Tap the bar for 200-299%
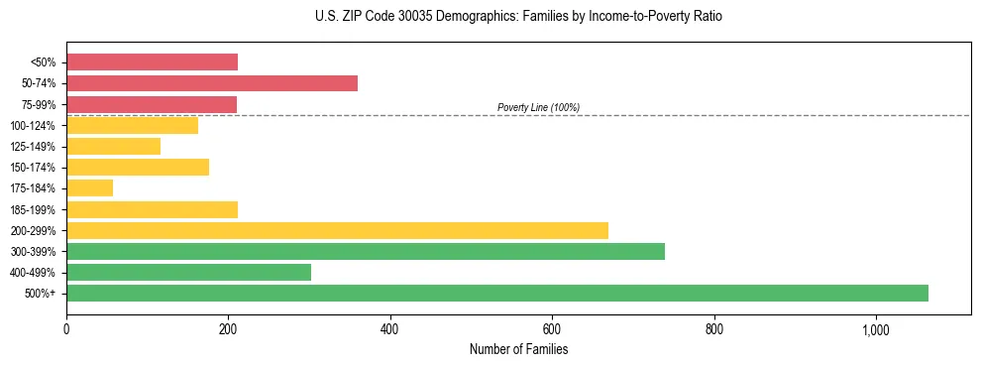coord(337,230)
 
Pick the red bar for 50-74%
coord(212,83)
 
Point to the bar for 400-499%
coord(188,272)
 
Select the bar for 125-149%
coord(113,147)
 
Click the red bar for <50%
coord(152,62)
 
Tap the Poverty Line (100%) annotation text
coord(538,107)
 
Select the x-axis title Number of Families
coord(518,349)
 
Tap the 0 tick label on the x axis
coord(66,328)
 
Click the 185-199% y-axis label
coord(33,210)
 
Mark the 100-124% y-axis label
coord(33,126)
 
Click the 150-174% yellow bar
coord(138,168)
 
